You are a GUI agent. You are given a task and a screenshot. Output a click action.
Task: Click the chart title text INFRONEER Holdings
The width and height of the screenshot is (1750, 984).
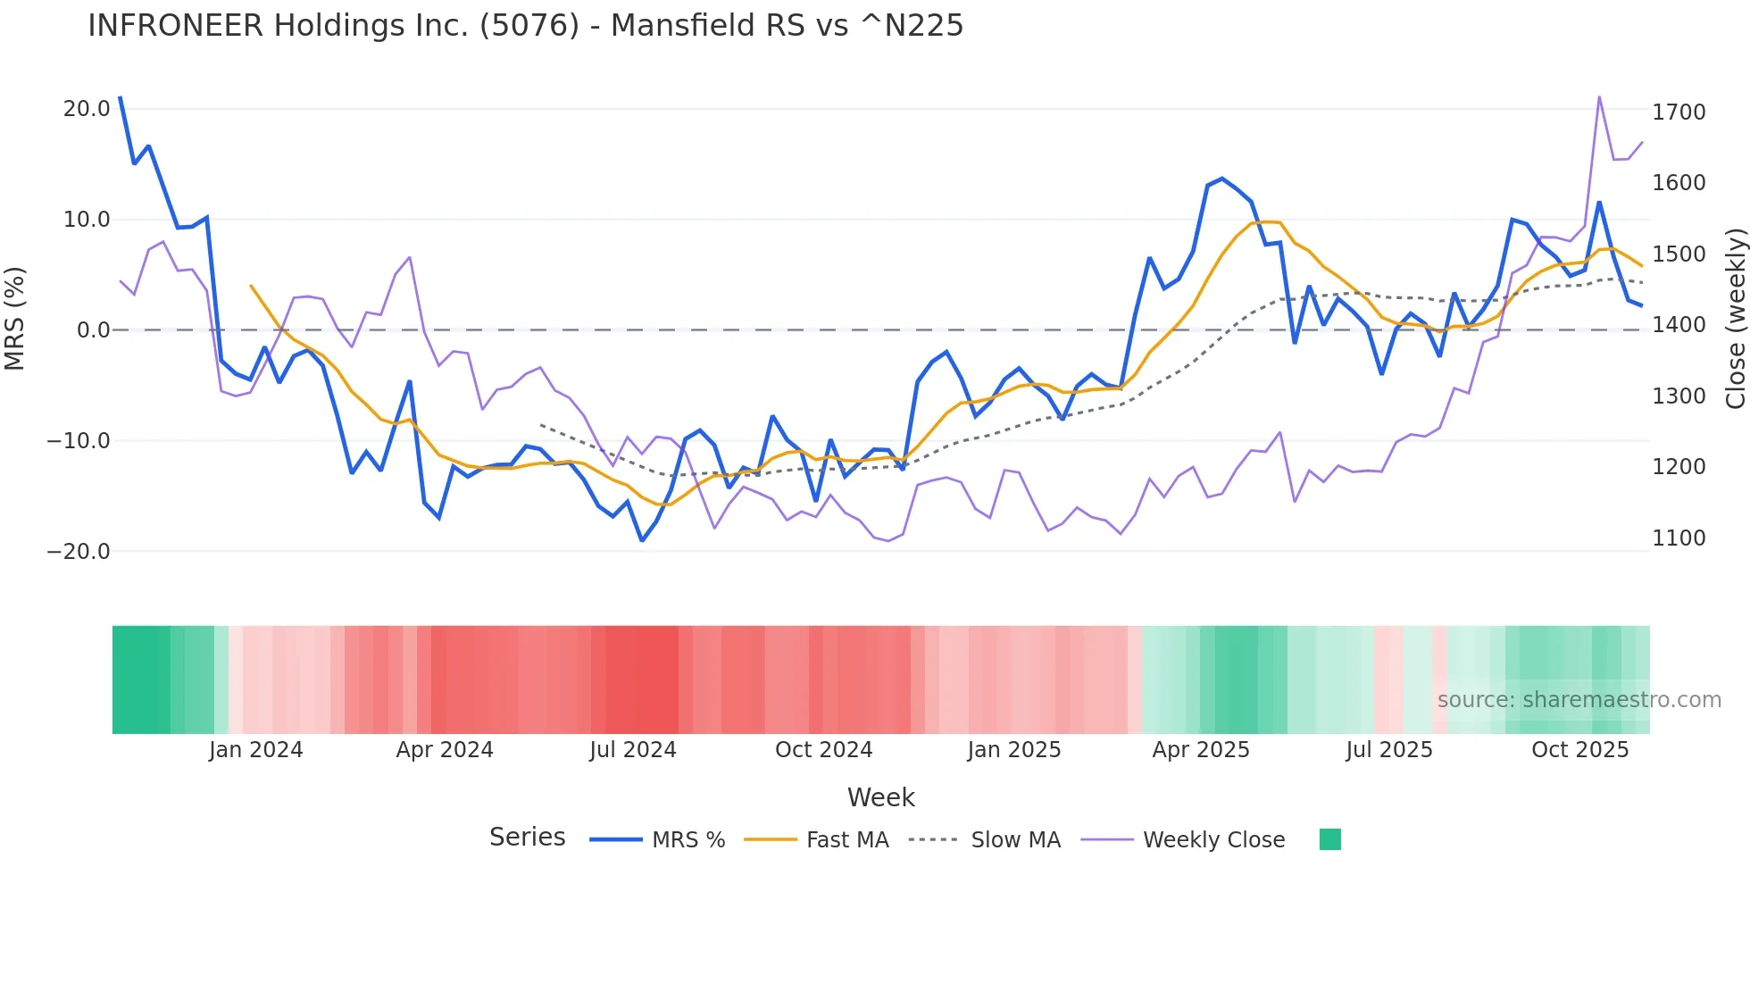[525, 25]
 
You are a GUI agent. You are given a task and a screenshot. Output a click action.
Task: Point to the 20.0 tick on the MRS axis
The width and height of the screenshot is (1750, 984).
[87, 109]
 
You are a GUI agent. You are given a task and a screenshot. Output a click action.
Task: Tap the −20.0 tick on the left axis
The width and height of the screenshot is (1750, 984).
[79, 551]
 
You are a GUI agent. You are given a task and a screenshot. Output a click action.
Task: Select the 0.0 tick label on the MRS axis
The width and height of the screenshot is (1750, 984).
[93, 330]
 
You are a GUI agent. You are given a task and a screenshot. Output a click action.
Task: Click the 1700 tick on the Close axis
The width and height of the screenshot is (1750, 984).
[1679, 112]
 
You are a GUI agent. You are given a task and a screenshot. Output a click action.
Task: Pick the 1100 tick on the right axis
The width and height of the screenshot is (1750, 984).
[1679, 538]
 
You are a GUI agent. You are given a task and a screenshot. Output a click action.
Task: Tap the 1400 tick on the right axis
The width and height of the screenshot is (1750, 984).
[1679, 325]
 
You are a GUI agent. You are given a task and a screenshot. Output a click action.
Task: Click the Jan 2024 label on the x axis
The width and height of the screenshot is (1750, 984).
[255, 749]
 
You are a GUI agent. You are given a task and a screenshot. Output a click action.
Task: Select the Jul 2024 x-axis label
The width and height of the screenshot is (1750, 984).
[632, 749]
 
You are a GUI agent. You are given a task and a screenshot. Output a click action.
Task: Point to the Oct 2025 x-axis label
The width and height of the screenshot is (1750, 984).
[1579, 749]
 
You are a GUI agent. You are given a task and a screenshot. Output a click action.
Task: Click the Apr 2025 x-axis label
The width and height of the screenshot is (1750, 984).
[1200, 749]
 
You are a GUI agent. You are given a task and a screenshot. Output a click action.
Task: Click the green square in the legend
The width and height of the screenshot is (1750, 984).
[1329, 839]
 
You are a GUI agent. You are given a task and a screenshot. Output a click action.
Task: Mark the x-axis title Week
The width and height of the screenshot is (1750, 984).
[880, 796]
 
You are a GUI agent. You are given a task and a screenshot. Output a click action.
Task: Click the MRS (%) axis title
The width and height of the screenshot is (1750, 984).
[15, 318]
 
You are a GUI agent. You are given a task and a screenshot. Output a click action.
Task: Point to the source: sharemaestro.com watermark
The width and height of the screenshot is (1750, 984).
[1579, 699]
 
